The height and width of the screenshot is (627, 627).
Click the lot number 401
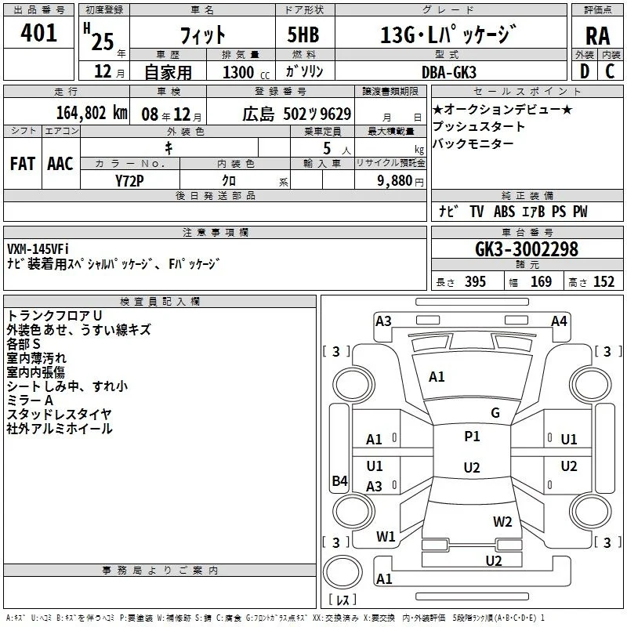tap(38, 32)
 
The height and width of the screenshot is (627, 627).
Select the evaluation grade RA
tap(598, 36)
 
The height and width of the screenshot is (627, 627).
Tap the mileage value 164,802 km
tap(92, 113)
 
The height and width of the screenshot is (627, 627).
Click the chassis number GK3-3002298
tap(526, 249)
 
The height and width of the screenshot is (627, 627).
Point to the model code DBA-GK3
tap(448, 72)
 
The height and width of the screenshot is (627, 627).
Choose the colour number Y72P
tap(129, 181)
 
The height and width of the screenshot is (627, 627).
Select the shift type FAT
tap(23, 164)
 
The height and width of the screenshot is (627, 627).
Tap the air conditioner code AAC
tap(60, 164)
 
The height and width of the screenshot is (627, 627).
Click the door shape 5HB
tap(303, 34)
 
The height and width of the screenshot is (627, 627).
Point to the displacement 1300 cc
tap(246, 72)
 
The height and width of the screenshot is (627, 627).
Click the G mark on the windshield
tap(495, 412)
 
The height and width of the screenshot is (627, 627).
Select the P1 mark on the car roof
tap(472, 437)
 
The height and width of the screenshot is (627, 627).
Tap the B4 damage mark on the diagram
tap(340, 480)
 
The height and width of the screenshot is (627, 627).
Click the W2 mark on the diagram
tap(502, 521)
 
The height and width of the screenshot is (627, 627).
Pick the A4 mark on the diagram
tap(559, 321)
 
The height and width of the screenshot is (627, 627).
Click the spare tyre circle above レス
tap(342, 572)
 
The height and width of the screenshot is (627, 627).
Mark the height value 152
tap(603, 281)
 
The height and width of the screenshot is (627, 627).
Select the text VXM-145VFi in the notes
tap(38, 249)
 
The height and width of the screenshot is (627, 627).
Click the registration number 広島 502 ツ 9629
tap(297, 114)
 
